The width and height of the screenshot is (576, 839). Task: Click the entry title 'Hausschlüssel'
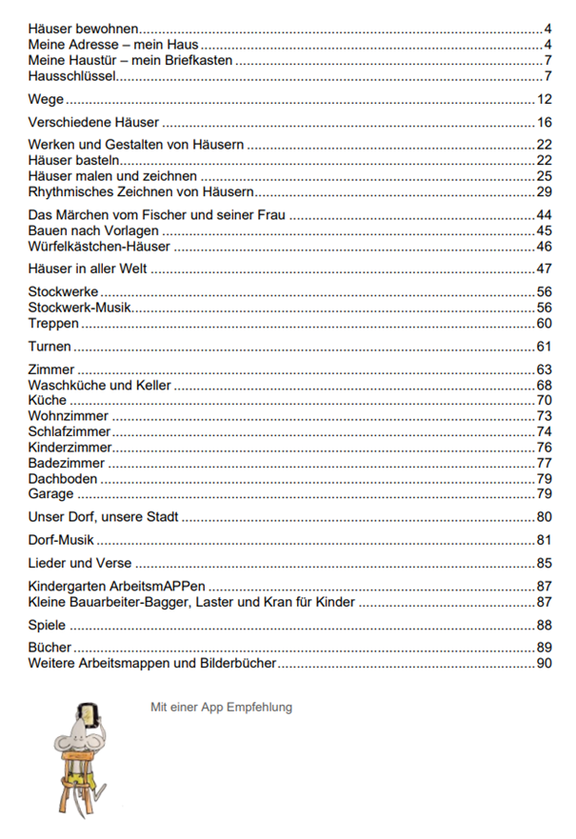coord(72,75)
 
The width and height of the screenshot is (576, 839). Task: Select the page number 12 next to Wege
coord(545,99)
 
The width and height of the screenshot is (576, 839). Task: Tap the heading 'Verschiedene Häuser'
coord(93,122)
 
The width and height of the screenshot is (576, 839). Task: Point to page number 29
coord(545,191)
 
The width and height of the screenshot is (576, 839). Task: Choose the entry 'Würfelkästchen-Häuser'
coord(99,246)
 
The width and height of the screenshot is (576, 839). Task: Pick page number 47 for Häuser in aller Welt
coord(545,269)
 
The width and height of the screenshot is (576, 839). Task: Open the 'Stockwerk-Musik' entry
coord(80,307)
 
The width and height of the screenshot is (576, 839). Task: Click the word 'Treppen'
coord(54,323)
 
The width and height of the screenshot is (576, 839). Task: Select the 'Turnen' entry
coord(50,346)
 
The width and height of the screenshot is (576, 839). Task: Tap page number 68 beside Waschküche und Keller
coord(545,385)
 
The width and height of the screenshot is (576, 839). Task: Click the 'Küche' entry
coord(48,400)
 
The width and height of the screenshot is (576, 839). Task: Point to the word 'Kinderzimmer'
coord(70,447)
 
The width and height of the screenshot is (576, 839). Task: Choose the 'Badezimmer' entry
coord(67,463)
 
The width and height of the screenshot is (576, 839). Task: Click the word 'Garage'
coord(51,493)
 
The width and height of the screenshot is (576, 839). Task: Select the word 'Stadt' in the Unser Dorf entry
coord(160,517)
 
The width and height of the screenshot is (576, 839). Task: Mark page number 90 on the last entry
coord(545,663)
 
